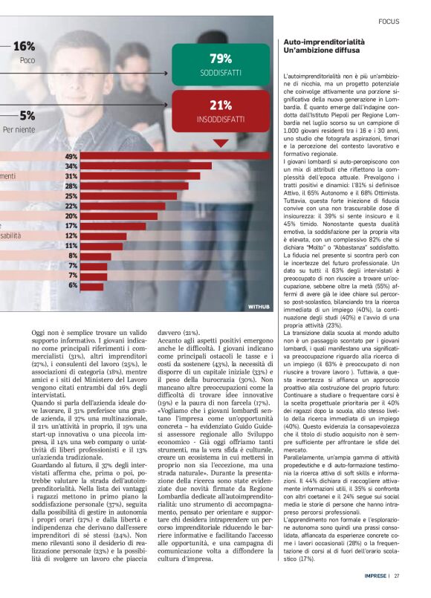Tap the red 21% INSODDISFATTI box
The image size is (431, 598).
coord(221,111)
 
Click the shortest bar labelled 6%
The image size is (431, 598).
coord(92,285)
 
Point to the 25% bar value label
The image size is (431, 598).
coord(71,196)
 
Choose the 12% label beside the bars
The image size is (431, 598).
coord(71,235)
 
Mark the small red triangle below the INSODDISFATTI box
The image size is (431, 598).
coord(221,143)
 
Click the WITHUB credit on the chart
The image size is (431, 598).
coord(259,306)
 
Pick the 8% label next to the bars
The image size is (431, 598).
coord(73,256)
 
